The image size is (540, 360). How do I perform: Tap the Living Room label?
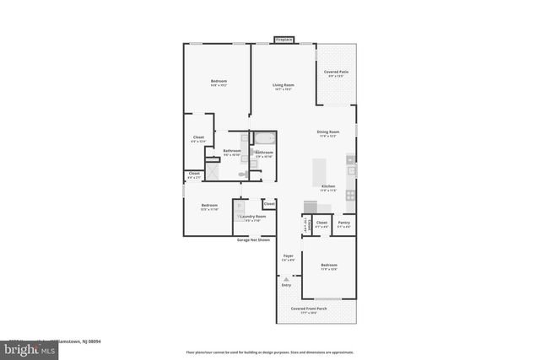pos(282,86)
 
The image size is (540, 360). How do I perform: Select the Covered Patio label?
pos(337,74)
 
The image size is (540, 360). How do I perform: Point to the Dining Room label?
pos(327,133)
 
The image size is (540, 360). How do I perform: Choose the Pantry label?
pos(344,223)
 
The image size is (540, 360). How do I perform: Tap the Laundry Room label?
pos(252,218)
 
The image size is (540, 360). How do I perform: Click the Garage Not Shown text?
pos(252,239)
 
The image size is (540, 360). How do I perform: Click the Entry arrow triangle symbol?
pos(286,278)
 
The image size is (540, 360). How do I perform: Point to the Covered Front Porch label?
pos(309,310)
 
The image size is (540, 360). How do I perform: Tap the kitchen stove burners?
pos(350,195)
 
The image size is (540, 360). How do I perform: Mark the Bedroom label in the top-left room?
pos(219,83)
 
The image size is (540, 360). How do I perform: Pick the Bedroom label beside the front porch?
pos(328,266)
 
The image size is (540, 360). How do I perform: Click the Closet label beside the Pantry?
pos(321,223)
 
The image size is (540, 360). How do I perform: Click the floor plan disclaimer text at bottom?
pos(270,352)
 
